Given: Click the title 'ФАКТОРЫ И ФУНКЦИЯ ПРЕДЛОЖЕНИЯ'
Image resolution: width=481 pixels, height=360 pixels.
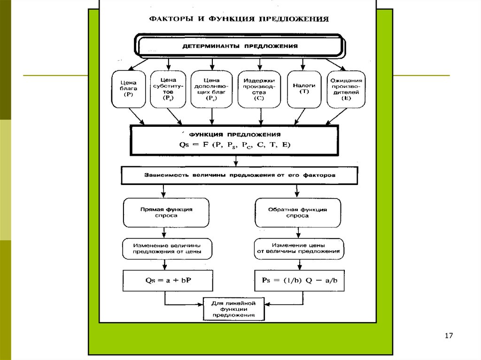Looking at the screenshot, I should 239,19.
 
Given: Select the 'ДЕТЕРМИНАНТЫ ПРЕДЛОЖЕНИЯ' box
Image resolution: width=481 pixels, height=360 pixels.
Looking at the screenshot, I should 240,46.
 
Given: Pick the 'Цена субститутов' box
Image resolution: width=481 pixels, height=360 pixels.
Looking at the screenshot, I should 168,89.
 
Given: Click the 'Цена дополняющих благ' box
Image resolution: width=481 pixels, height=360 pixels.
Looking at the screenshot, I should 212,89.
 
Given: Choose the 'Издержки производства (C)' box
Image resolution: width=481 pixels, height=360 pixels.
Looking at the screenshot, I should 259,89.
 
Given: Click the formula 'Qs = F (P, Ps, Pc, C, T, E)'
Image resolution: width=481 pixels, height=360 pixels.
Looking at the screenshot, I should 235,145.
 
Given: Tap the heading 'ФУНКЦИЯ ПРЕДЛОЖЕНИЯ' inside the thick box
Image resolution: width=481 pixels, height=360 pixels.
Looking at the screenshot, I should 235,134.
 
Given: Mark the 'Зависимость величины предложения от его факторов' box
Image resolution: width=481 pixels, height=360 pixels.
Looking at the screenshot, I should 233,175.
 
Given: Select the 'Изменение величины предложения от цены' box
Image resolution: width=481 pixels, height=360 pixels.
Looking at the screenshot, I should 167,248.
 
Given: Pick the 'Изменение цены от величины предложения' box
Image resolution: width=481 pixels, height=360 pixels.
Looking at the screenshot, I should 298,248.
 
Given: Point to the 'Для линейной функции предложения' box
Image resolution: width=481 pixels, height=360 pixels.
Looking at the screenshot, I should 233,309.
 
